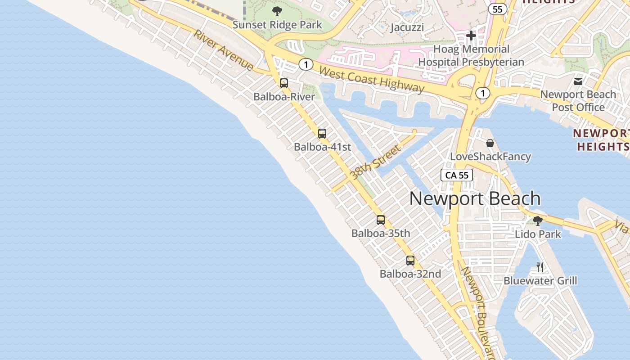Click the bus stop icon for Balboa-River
pyautogui.click(x=283, y=83)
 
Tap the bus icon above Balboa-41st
pyautogui.click(x=322, y=133)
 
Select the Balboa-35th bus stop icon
pyautogui.click(x=381, y=220)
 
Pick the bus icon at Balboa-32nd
pyautogui.click(x=410, y=260)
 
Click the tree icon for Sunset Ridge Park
pyautogui.click(x=277, y=11)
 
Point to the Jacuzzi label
pyautogui.click(x=407, y=27)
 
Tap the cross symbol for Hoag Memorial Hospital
pyautogui.click(x=471, y=36)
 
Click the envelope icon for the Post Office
pyautogui.click(x=578, y=81)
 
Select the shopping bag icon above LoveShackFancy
pyautogui.click(x=490, y=143)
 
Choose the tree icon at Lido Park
pyautogui.click(x=537, y=220)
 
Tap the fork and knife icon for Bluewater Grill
pyautogui.click(x=540, y=267)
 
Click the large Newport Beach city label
pyautogui.click(x=475, y=198)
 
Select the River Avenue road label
pyautogui.click(x=224, y=50)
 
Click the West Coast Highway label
pyautogui.click(x=372, y=79)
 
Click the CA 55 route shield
pyautogui.click(x=457, y=175)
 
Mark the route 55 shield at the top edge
pyautogui.click(x=497, y=9)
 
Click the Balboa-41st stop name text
pyautogui.click(x=322, y=147)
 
